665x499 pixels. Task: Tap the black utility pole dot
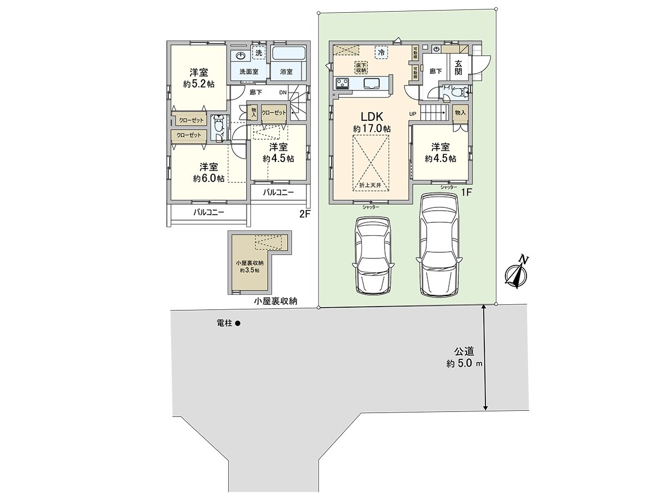pyautogui.click(x=237, y=323)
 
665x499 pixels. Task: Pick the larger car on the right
pyautogui.click(x=439, y=244)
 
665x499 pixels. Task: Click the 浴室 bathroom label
pyautogui.click(x=287, y=72)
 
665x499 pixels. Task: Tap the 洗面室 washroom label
pyautogui.click(x=249, y=72)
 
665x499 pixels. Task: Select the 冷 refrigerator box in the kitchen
pyautogui.click(x=381, y=52)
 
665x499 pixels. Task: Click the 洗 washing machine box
pyautogui.click(x=258, y=53)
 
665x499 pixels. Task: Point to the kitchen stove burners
pyautogui.click(x=342, y=84)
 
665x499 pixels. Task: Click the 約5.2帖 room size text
pyautogui.click(x=199, y=84)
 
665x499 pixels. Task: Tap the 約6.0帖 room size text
pyautogui.click(x=209, y=179)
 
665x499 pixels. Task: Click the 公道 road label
pyautogui.click(x=464, y=351)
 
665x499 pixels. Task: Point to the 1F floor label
pyautogui.click(x=467, y=192)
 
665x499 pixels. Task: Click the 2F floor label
pyautogui.click(x=303, y=213)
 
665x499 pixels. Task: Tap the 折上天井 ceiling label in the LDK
pyautogui.click(x=371, y=185)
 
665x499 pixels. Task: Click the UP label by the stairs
pyautogui.click(x=412, y=114)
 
